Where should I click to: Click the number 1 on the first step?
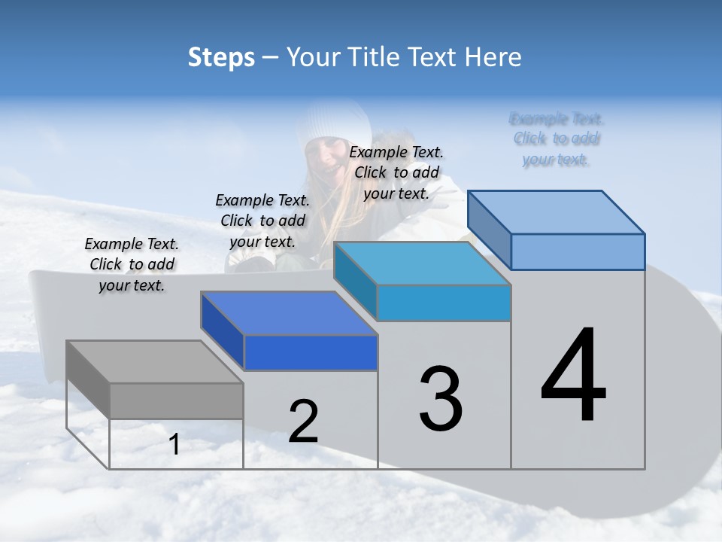pyautogui.click(x=174, y=445)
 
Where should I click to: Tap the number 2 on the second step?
pyautogui.click(x=303, y=421)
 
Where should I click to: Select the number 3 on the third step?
pyautogui.click(x=441, y=398)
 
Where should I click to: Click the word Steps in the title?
pyautogui.click(x=221, y=57)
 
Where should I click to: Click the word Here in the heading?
pyautogui.click(x=493, y=57)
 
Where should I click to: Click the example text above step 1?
pyautogui.click(x=132, y=264)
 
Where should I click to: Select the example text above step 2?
pyautogui.click(x=262, y=221)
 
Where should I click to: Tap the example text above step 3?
pyautogui.click(x=396, y=172)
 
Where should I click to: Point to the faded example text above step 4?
pyautogui.click(x=556, y=139)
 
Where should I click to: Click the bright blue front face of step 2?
pyautogui.click(x=311, y=353)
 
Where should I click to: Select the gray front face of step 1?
pyautogui.click(x=176, y=400)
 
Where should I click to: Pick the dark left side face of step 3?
pyautogui.click(x=355, y=280)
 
